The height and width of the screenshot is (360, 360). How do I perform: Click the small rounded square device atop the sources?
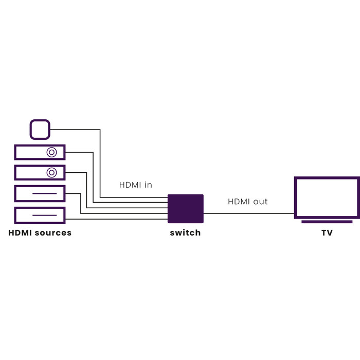pyautogui.click(x=40, y=129)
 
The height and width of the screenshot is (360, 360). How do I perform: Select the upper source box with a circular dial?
pyautogui.click(x=31, y=152)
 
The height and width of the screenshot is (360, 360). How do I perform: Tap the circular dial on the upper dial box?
pyautogui.click(x=51, y=152)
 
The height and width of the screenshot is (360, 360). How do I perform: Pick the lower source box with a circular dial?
pyautogui.click(x=31, y=172)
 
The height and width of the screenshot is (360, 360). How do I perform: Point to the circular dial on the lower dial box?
pyautogui.click(x=51, y=172)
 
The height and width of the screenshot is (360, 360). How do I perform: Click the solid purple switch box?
pyautogui.click(x=186, y=208)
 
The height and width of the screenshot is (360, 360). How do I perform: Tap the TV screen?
pyautogui.click(x=327, y=197)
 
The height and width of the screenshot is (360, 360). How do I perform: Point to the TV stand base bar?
pyautogui.click(x=327, y=222)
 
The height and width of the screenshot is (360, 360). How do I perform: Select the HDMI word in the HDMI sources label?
pyautogui.click(x=20, y=233)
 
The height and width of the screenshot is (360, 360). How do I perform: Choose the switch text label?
pyautogui.click(x=185, y=233)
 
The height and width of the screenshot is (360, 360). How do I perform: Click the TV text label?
pyautogui.click(x=327, y=233)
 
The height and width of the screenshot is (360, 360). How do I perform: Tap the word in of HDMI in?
pyautogui.click(x=148, y=185)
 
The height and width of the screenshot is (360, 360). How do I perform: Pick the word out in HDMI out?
pyautogui.click(x=260, y=202)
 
